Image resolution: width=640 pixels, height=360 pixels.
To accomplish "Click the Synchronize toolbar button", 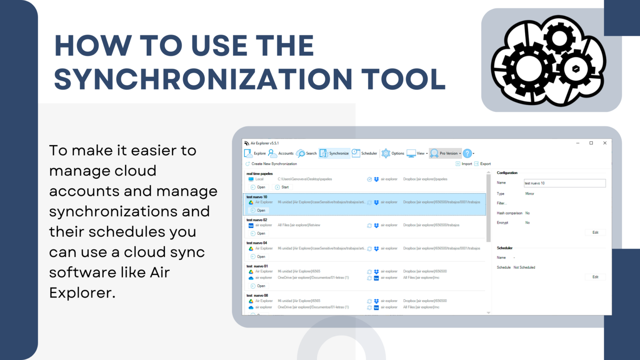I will click(x=335, y=153).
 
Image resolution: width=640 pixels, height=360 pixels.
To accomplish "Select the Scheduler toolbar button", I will click(x=365, y=153).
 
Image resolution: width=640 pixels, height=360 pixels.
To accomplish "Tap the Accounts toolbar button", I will click(x=281, y=153).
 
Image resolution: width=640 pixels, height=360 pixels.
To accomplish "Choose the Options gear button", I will click(x=393, y=153).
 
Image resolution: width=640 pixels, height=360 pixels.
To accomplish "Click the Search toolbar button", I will click(x=307, y=153).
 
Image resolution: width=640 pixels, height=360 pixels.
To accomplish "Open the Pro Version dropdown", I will click(x=446, y=153).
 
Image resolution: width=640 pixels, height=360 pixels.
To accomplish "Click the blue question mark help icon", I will click(x=467, y=153).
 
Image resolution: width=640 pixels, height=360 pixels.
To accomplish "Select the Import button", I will click(x=464, y=164).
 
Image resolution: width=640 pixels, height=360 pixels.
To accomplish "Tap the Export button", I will click(x=482, y=164).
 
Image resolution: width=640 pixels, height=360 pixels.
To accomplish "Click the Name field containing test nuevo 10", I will click(x=564, y=183).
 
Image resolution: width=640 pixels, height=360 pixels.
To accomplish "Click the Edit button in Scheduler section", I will click(x=595, y=277).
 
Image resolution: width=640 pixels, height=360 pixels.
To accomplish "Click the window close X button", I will click(x=605, y=143).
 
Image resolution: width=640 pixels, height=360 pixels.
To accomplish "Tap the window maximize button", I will click(x=591, y=143).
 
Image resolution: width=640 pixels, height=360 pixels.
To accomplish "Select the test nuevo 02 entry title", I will click(x=257, y=220).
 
